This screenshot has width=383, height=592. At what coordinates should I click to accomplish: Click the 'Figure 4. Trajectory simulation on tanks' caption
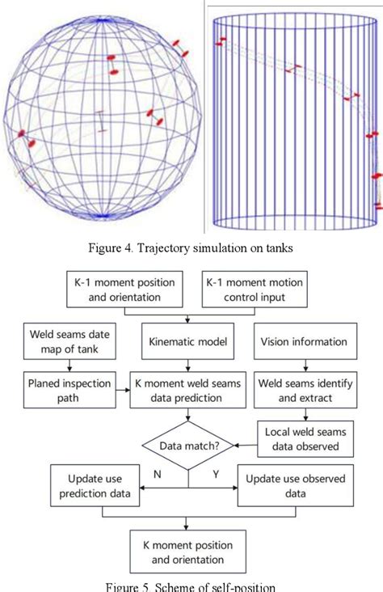pos(191,247)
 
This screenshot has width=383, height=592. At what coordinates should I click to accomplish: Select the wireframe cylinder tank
pos(294,121)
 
